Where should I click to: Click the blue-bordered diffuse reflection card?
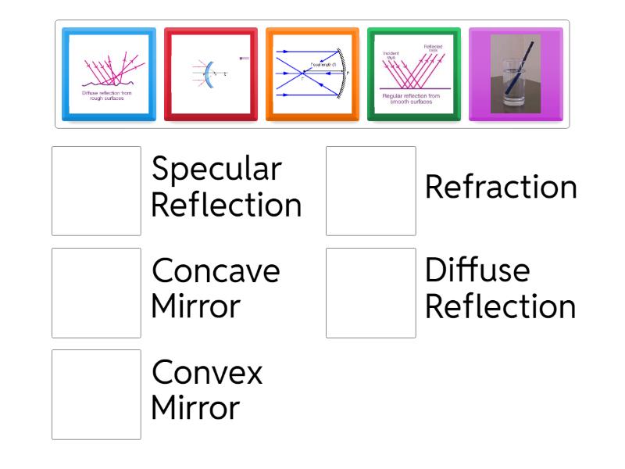[x=109, y=74]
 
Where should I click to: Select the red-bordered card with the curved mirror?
[x=210, y=74]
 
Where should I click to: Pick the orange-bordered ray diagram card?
[x=312, y=74]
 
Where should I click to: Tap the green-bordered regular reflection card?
[x=413, y=74]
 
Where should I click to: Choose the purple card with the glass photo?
[x=515, y=74]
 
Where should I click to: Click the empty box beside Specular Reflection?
[x=96, y=191]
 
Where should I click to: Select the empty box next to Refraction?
[x=370, y=191]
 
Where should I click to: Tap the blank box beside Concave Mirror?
[x=96, y=292]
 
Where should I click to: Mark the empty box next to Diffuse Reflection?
[x=370, y=292]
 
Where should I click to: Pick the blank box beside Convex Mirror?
[x=96, y=394]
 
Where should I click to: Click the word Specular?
[x=216, y=170]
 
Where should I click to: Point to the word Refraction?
[x=501, y=188]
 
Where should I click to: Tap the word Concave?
[x=216, y=271]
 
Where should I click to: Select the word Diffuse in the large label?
[x=477, y=271]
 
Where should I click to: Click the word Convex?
[x=207, y=373]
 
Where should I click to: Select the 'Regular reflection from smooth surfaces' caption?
[x=413, y=97]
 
